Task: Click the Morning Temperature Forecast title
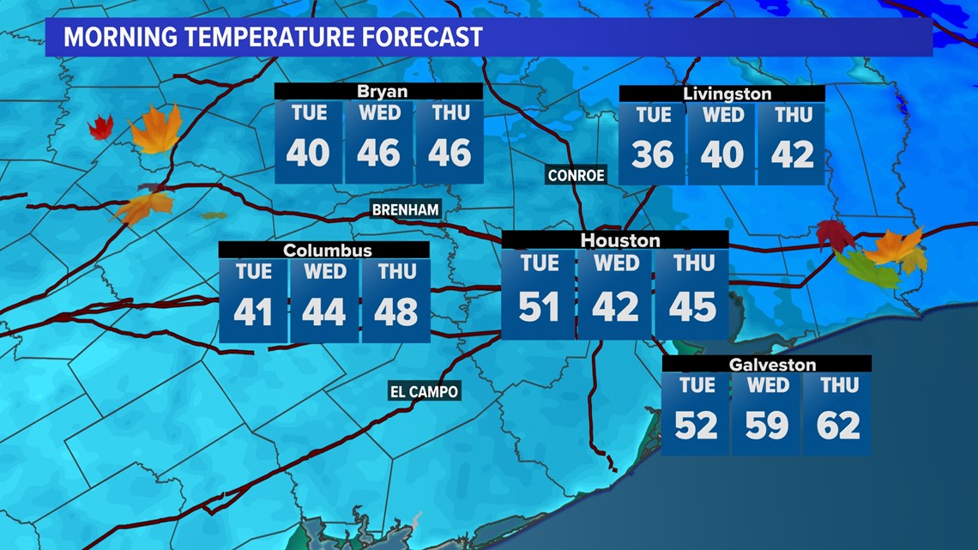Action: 273,38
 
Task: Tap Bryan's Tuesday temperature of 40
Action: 308,153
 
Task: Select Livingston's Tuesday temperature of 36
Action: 653,154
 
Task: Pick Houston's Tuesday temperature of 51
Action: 538,306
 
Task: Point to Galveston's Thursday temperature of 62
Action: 838,425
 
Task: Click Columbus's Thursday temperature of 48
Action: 395,312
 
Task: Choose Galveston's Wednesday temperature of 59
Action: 767,425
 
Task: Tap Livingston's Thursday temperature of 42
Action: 792,154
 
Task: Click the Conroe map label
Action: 577,176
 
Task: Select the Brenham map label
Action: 406,209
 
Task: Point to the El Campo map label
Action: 425,391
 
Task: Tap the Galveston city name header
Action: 760,365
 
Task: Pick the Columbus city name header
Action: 328,251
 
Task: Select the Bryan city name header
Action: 382,92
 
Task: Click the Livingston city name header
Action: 727,94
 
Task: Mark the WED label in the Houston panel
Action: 616,263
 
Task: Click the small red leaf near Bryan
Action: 100,129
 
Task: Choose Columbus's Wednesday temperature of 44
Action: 323,312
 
